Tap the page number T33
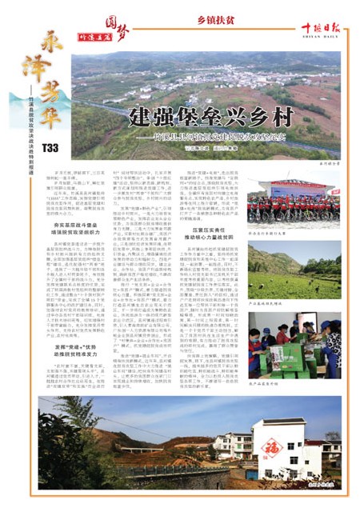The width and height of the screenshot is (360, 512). pyautogui.click(x=50, y=147)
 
